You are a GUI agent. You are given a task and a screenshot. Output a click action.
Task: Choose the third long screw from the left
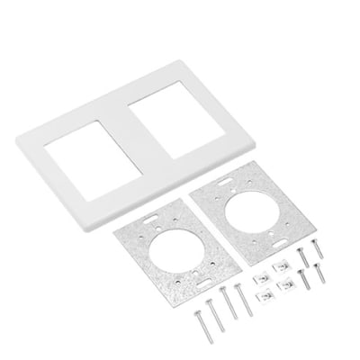pyautogui.click(x=229, y=301)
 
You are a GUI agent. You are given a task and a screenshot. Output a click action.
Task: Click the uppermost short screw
pyautogui.click(x=316, y=246)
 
